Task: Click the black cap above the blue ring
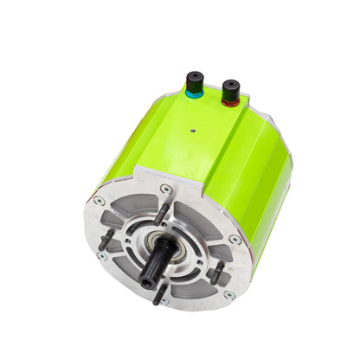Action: [x=195, y=82]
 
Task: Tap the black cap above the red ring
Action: [x=231, y=88]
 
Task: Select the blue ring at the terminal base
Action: [x=195, y=93]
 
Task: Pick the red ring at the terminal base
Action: [x=231, y=100]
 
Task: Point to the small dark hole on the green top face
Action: [x=192, y=132]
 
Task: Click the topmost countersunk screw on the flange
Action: [x=166, y=189]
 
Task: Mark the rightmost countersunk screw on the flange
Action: [x=235, y=240]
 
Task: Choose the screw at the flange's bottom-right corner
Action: [x=228, y=295]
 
